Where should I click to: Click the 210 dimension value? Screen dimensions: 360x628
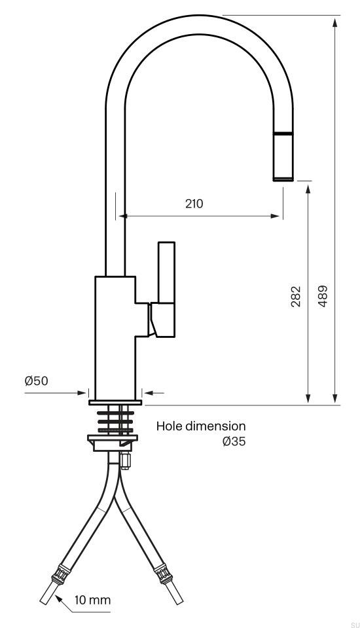pos(194,204)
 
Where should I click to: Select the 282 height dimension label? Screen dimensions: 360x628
pos(296,297)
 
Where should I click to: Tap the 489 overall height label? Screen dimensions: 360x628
pos(322,297)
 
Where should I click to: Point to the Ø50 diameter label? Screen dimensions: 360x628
pos(36,380)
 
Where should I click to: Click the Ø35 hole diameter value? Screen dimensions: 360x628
pos(234,441)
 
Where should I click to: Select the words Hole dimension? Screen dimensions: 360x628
pos(201,426)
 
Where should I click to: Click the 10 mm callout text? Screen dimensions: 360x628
pos(92,600)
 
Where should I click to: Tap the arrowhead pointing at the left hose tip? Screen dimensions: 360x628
pos(58,599)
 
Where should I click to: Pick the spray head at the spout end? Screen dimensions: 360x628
pos(283,157)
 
